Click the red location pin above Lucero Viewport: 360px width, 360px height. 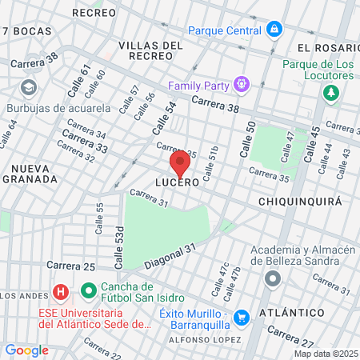(x=180, y=162)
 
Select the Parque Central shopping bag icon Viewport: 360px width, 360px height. (x=274, y=30)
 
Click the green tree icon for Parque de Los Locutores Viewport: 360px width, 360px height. (x=330, y=94)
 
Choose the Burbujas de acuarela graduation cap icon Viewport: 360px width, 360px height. (x=29, y=87)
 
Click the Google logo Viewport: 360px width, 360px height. (x=26, y=350)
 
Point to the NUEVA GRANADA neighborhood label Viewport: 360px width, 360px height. (x=29, y=173)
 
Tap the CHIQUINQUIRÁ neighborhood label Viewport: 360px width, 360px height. (x=300, y=202)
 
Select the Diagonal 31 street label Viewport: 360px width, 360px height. (x=170, y=256)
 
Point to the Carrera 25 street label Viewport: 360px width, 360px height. (x=70, y=266)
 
